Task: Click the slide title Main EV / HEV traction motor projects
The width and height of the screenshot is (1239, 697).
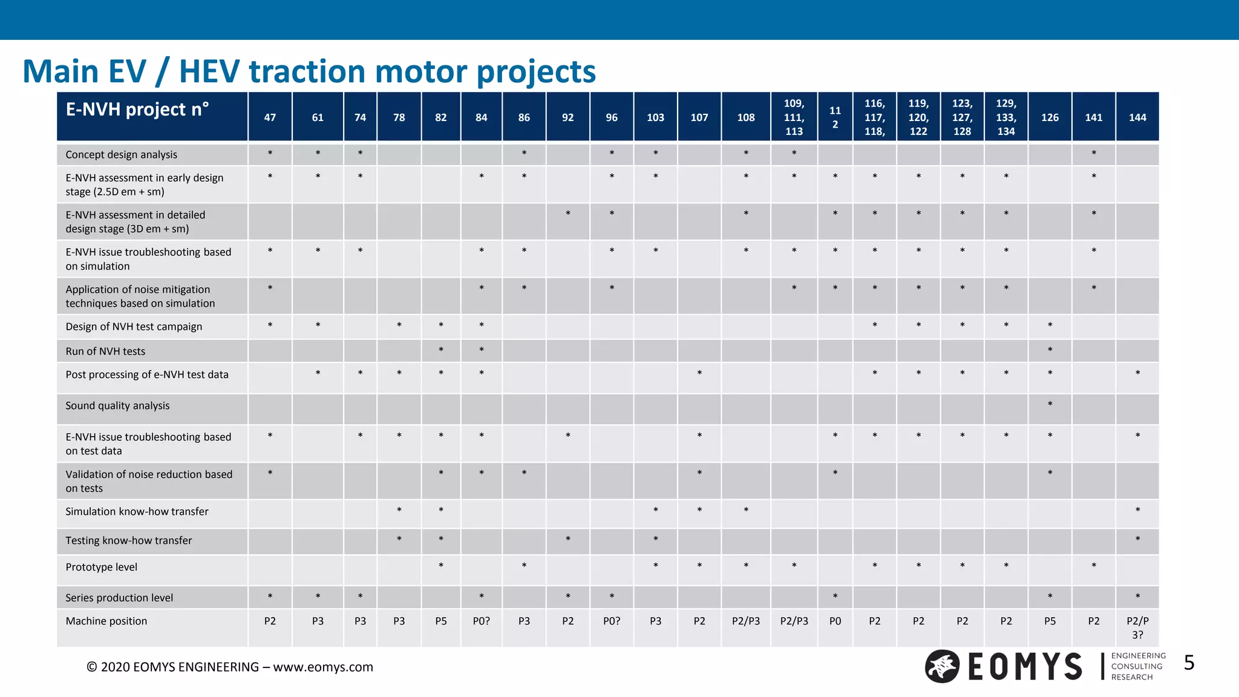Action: (x=309, y=71)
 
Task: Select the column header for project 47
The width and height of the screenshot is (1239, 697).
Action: (x=270, y=117)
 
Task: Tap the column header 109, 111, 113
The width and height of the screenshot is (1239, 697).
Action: (x=794, y=117)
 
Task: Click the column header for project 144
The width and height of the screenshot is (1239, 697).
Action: (x=1137, y=117)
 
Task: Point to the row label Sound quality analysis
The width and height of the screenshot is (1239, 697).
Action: (x=117, y=406)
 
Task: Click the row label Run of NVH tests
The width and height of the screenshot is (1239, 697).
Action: (x=105, y=352)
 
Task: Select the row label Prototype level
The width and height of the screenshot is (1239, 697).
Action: (x=101, y=568)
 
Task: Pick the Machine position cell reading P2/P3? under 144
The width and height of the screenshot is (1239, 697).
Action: (x=1137, y=627)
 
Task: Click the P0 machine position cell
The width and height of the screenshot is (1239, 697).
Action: (x=835, y=621)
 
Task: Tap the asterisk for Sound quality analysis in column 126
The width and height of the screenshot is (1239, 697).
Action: (x=1050, y=404)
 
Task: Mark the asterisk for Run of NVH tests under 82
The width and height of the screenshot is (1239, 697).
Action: (x=441, y=350)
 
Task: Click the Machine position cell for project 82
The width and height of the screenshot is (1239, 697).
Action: (x=441, y=621)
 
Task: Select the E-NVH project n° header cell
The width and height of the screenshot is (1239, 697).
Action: (x=137, y=110)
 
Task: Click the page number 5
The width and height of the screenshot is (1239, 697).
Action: (x=1189, y=663)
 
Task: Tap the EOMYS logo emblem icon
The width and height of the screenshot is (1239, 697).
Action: (x=942, y=666)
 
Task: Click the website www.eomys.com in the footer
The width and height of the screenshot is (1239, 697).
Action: (x=323, y=667)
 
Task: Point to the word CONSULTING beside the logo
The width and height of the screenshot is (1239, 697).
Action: (x=1137, y=667)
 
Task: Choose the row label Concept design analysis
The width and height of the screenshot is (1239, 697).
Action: (x=121, y=155)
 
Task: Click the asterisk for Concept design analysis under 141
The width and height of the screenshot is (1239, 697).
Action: (x=1094, y=154)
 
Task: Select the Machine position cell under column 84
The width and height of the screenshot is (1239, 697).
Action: (x=481, y=621)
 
